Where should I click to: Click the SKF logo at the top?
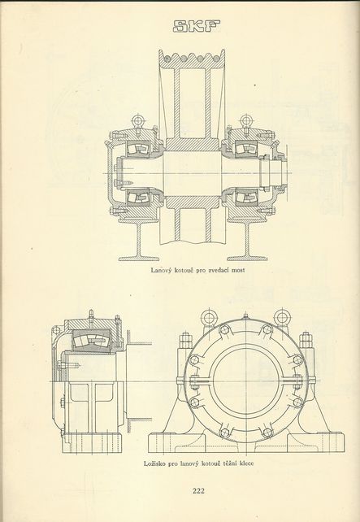[197, 26]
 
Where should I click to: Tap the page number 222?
[198, 490]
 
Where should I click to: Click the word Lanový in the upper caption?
[161, 270]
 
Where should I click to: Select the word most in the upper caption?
[238, 270]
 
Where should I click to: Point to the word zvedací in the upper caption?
[219, 270]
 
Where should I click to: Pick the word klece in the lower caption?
[246, 463]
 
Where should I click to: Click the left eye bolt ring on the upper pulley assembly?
[137, 120]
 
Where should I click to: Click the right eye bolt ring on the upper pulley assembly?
[246, 120]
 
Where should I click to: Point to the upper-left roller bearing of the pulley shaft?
[139, 147]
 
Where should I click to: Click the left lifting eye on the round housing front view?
[209, 318]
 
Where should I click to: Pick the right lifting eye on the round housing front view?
[282, 318]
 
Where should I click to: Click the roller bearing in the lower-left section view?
[91, 341]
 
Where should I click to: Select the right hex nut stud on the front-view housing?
[305, 342]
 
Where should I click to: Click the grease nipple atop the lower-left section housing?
[90, 315]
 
